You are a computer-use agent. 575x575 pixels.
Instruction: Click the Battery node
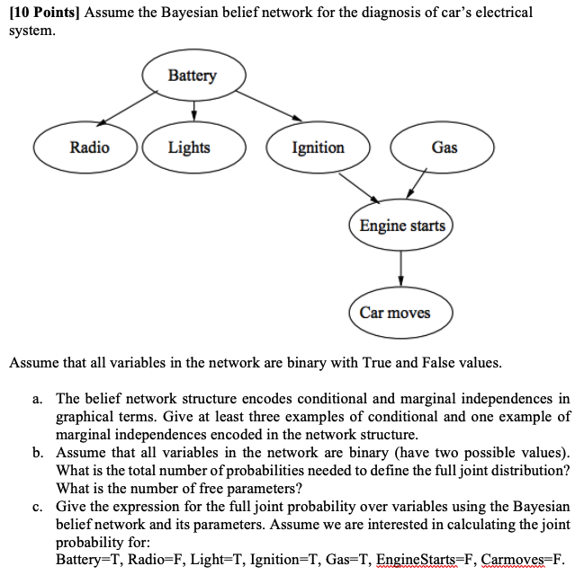193,75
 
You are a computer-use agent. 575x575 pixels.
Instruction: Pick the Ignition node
318,147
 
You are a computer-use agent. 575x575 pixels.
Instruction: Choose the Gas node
445,147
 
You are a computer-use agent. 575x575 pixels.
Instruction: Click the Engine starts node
402,225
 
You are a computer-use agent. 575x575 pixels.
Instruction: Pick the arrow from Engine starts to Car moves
400,268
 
